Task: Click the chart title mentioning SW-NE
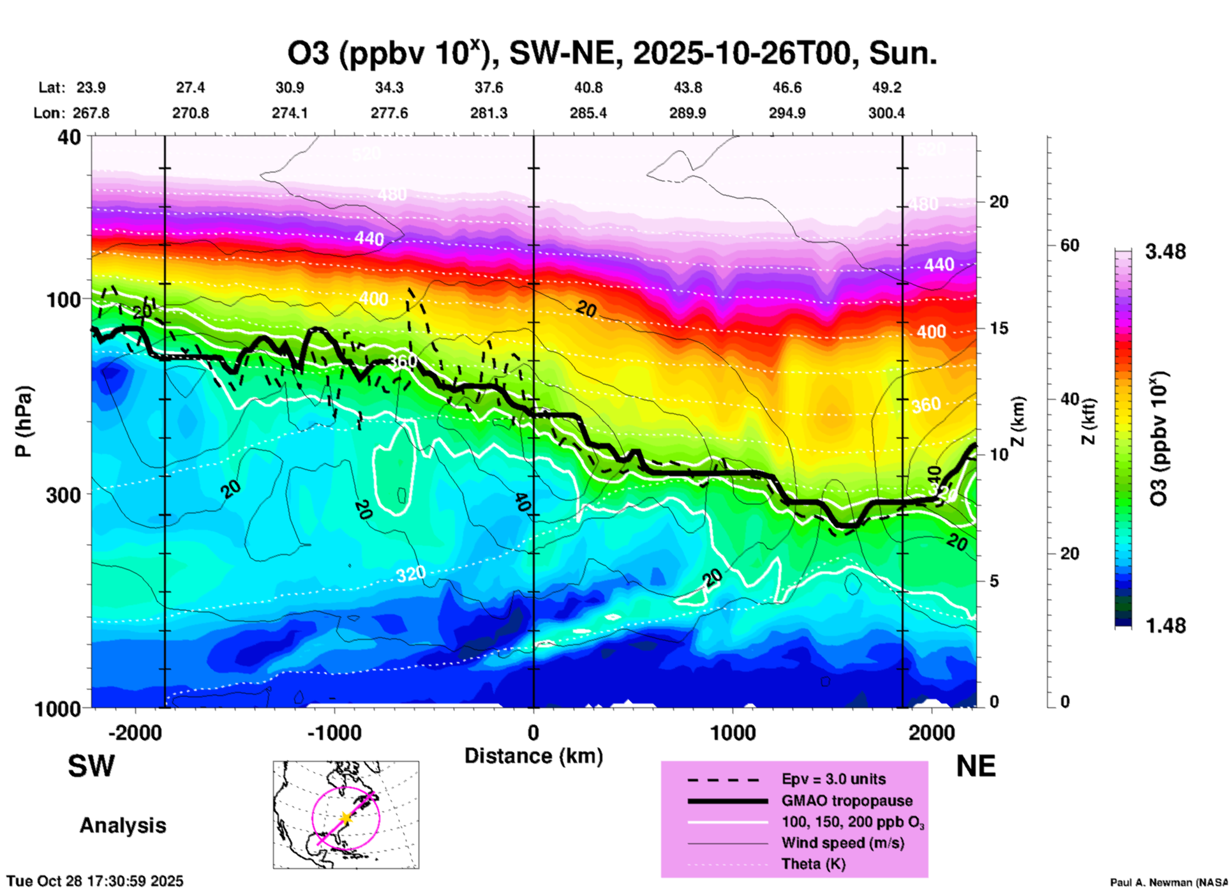tap(612, 54)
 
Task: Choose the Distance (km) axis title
tap(533, 756)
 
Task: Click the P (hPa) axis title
tap(24, 421)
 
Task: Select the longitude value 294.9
tap(787, 113)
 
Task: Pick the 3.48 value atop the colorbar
tap(1165, 252)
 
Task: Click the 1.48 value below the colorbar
tap(1165, 625)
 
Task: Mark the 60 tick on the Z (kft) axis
tap(1069, 245)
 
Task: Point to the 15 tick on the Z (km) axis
tap(999, 328)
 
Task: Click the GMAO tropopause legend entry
tap(847, 801)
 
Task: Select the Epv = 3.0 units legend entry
tap(833, 779)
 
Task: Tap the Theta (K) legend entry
tap(813, 864)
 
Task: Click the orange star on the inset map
tap(345, 818)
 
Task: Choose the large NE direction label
tap(976, 766)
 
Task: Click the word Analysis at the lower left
tap(123, 826)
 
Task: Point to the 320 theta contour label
tap(410, 575)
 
